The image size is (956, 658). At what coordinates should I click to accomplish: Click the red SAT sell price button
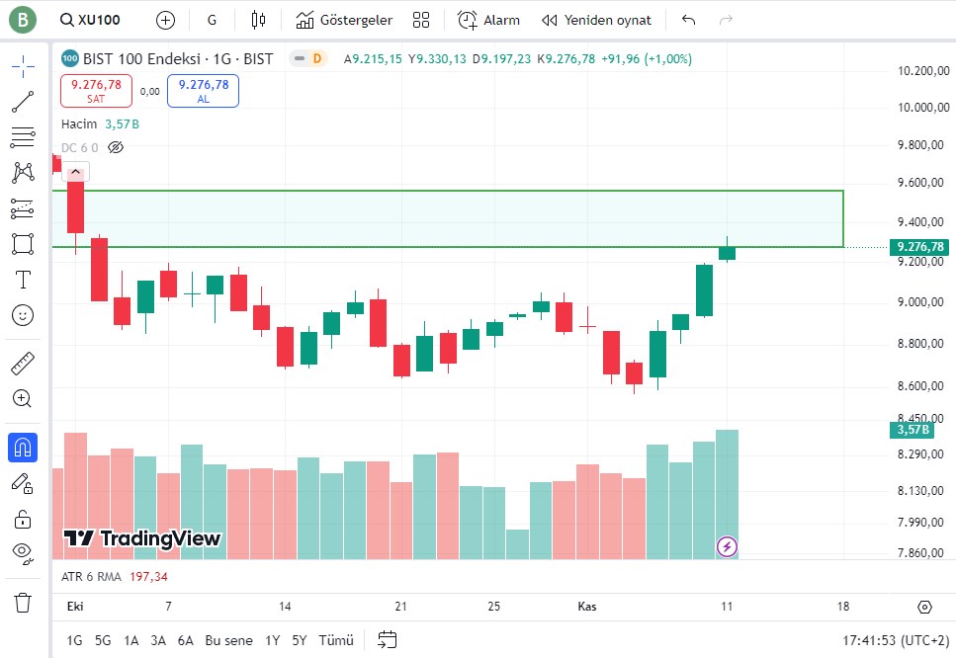click(x=96, y=90)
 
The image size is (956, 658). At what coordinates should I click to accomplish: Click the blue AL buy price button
click(x=203, y=90)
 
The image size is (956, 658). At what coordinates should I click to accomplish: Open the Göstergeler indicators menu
click(x=344, y=20)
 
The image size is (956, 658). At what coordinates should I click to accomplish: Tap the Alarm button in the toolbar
click(x=489, y=20)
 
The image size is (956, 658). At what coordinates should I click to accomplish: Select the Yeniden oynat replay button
click(x=596, y=20)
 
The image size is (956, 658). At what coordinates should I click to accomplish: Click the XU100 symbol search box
click(x=90, y=20)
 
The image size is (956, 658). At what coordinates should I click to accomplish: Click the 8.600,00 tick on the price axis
click(x=915, y=385)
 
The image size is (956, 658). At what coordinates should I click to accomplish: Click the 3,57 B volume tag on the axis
click(x=911, y=430)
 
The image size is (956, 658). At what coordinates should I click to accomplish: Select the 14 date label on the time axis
click(x=285, y=606)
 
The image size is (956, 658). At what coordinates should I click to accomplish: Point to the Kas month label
click(x=587, y=606)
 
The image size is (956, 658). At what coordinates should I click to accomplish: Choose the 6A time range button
click(x=186, y=640)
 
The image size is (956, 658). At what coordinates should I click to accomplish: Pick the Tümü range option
click(x=335, y=640)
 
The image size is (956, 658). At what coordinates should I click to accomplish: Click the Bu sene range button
click(x=228, y=640)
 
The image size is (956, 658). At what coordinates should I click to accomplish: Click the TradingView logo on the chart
click(x=142, y=538)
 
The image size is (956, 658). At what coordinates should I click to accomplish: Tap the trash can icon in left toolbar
click(x=23, y=602)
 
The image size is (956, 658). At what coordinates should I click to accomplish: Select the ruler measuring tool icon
click(x=23, y=364)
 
